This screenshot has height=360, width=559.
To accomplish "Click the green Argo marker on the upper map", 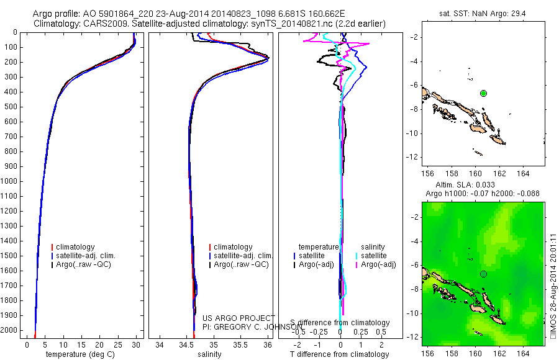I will click(484, 93).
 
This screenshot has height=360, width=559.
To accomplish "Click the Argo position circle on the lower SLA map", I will click(484, 274).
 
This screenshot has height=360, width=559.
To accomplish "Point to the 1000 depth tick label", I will click(10, 181).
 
